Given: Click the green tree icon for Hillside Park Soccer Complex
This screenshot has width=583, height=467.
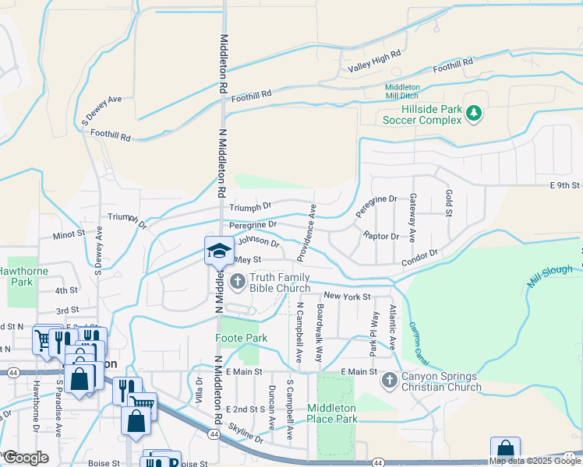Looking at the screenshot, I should [x=473, y=114].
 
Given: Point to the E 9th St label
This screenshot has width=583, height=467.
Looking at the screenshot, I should [x=565, y=185].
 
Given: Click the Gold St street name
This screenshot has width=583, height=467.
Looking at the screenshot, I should [x=448, y=204].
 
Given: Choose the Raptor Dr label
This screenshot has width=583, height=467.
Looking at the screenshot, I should [x=381, y=236].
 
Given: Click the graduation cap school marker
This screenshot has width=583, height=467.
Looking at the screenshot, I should [x=218, y=251].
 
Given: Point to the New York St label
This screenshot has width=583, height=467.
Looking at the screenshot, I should [x=347, y=297].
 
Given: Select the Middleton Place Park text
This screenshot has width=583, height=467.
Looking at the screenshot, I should [x=332, y=413].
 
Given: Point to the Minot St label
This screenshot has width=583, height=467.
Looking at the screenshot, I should [x=69, y=233].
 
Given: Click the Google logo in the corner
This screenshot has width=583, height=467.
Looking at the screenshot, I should [x=25, y=457].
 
